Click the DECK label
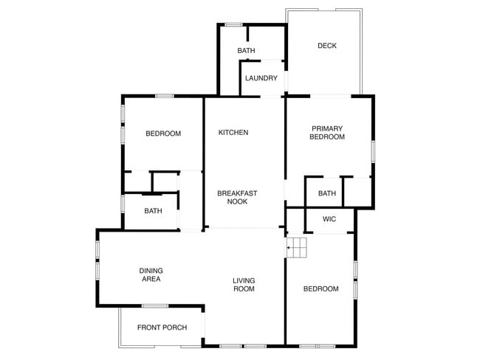326,46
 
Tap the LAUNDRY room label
261,78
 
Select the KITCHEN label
233,133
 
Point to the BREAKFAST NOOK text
237,197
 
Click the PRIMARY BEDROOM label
327,133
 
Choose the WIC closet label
329,219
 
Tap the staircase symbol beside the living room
297,248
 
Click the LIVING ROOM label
244,285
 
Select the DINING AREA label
151,275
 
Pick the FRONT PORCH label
162,328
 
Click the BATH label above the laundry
246,51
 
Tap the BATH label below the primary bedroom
327,194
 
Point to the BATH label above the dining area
153,211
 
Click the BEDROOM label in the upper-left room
163,134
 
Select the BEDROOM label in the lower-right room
321,288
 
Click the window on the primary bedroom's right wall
373,150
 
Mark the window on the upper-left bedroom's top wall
164,95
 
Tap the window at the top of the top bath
233,25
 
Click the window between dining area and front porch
154,306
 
